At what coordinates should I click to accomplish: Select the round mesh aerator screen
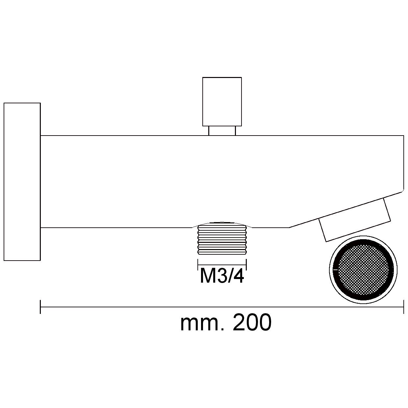pyautogui.click(x=363, y=270)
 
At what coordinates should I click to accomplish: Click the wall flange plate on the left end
pyautogui.click(x=22, y=182)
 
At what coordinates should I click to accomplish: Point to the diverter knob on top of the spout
pyautogui.click(x=222, y=102)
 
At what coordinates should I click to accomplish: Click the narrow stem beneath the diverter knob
pyautogui.click(x=222, y=131)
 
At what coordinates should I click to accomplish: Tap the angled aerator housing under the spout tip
pyautogui.click(x=355, y=220)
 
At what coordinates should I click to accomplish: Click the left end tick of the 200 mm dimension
pyautogui.click(x=40, y=307)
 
